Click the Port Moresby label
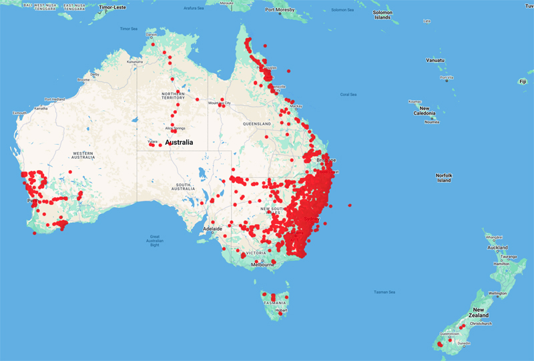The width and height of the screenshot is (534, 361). point(280,10)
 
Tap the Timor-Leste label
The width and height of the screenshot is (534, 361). point(113,7)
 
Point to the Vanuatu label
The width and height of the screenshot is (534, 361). point(435,60)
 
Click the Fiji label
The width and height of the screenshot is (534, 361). point(522,81)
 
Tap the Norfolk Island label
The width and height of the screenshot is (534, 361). point(444,177)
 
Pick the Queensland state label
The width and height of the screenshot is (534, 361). point(256,124)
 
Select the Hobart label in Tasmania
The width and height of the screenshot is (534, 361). point(281,310)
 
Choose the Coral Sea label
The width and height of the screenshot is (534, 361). point(348,94)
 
